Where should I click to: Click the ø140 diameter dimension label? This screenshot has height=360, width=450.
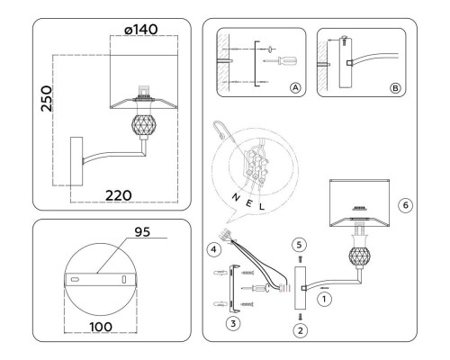coord(140,30)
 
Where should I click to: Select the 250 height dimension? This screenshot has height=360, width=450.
coord(47,98)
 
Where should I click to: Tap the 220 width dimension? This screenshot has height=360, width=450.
coord(119,195)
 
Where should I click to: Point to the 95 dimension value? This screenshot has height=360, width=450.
coord(142,232)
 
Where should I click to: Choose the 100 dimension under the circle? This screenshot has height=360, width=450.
coord(101,327)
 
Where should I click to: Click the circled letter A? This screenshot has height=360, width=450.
coord(295,88)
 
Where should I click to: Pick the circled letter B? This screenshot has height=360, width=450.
coord(395,88)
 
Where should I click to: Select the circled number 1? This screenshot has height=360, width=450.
coord(324,299)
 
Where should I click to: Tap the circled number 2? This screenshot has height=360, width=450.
coord(301,330)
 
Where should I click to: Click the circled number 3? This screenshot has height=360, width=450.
coord(233,324)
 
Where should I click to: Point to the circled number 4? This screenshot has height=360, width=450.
coord(213,249)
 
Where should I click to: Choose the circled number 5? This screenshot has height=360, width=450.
coord(299,245)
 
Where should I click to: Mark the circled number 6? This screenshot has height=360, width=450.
coord(406,205)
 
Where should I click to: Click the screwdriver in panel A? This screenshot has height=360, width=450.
coord(281,60)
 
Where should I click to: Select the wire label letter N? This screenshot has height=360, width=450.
coord(236,197)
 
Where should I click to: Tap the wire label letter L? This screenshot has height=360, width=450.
coord(262,206)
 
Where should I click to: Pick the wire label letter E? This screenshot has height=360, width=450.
coord(248,203)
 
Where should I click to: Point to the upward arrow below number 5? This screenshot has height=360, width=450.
coord(301,259)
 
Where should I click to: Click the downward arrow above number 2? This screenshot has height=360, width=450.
coord(301,317)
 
